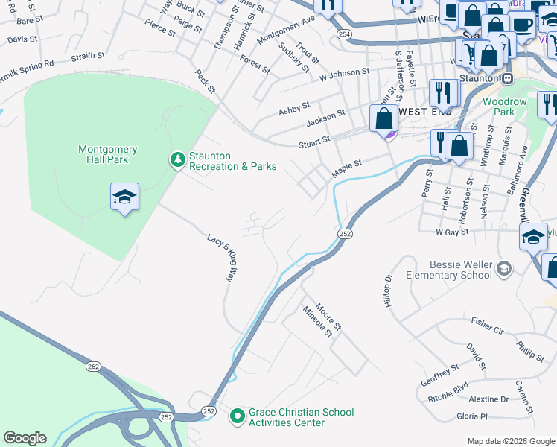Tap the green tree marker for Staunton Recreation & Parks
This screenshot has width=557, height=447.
click(177, 159)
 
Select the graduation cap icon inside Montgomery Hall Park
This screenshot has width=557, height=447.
click(124, 197)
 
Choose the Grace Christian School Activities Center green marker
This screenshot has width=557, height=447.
click(238, 415)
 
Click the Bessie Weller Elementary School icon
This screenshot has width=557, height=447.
click(504, 268)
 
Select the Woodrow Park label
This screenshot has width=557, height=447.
click(504, 107)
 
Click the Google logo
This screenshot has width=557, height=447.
click(25, 438)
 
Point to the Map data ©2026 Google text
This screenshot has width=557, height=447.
click(510, 441)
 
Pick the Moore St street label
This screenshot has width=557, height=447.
click(328, 317)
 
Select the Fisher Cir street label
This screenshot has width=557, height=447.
click(488, 325)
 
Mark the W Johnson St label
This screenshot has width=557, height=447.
click(344, 73)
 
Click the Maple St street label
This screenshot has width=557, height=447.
click(346, 168)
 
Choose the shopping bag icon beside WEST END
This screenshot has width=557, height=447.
click(383, 119)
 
